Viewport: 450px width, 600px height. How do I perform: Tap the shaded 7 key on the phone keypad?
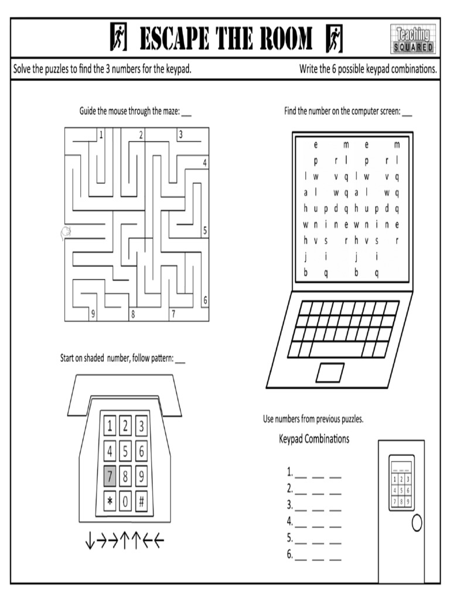[110, 477]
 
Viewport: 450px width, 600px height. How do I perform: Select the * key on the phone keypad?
[110, 502]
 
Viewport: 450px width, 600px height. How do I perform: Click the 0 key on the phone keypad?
[125, 502]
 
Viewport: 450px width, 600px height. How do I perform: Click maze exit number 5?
[205, 231]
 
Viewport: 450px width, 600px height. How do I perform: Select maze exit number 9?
[93, 314]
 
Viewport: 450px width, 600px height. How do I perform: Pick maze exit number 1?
[101, 135]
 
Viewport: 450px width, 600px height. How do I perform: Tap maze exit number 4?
[205, 163]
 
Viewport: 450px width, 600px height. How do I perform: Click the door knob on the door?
[417, 523]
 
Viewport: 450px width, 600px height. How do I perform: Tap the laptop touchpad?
[330, 372]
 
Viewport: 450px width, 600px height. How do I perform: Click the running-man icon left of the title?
[118, 39]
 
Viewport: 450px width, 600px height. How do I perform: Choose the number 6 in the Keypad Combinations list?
[289, 554]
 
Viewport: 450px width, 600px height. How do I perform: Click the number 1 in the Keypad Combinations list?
[289, 472]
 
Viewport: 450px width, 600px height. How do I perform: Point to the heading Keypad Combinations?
[313, 439]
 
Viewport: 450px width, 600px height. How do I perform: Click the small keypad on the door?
[401, 482]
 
